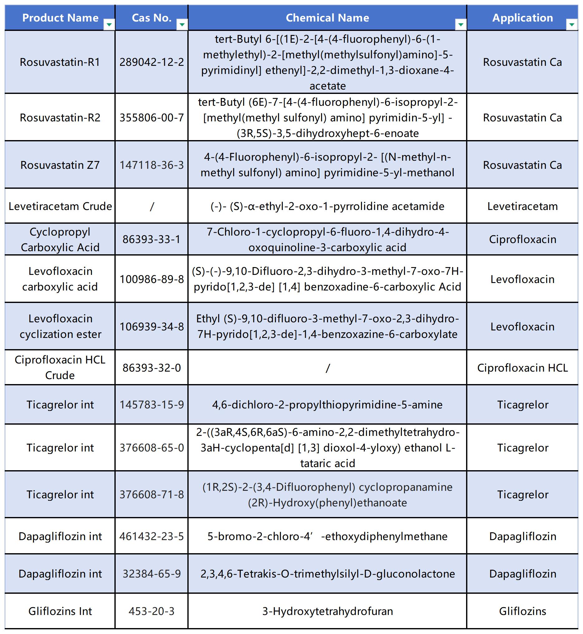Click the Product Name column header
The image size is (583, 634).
click(60, 18)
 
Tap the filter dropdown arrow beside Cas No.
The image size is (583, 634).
click(182, 24)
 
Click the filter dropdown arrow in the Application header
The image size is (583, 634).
click(572, 24)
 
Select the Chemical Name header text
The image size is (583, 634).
click(327, 18)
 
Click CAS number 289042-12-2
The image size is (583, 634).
click(152, 62)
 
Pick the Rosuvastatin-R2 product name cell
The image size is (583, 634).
click(60, 117)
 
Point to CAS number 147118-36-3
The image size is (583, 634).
click(152, 165)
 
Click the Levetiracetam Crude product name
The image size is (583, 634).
click(60, 206)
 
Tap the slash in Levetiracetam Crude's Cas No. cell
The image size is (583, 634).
click(152, 207)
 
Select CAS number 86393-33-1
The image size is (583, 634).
click(152, 239)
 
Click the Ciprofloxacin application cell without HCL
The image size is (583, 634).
click(523, 239)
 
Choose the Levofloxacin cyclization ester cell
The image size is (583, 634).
click(60, 326)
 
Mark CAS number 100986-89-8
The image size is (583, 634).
click(152, 279)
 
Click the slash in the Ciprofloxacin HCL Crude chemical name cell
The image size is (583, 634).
click(327, 368)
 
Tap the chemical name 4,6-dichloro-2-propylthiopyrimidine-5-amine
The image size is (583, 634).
click(327, 404)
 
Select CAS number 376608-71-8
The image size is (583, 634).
click(152, 495)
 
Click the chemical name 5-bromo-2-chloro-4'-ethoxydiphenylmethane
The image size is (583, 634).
click(327, 536)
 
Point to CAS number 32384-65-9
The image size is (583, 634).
click(152, 574)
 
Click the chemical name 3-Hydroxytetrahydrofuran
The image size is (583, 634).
click(327, 611)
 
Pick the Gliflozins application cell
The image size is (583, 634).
click(523, 611)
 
